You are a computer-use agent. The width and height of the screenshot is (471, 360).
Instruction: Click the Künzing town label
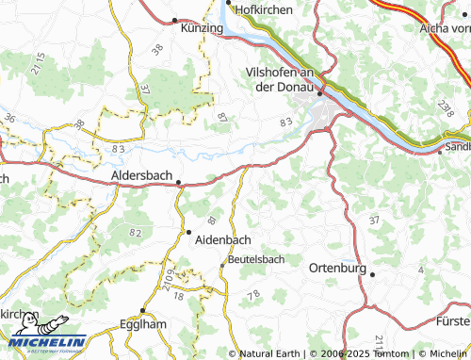[202, 29]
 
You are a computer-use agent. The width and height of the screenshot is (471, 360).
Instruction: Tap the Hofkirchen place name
[263, 9]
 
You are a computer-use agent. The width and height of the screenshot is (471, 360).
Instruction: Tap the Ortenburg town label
[337, 268]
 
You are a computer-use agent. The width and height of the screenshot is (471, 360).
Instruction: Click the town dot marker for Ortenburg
[373, 274]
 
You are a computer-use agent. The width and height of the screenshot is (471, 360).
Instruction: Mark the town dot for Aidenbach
[187, 232]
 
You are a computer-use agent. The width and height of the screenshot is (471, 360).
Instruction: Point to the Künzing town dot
[175, 19]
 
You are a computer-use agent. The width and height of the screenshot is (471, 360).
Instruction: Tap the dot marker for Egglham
[142, 310]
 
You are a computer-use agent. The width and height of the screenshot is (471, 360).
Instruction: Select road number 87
[222, 118]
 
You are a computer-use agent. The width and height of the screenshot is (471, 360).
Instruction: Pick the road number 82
[137, 232]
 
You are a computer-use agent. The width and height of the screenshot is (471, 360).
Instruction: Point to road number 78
[253, 295]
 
